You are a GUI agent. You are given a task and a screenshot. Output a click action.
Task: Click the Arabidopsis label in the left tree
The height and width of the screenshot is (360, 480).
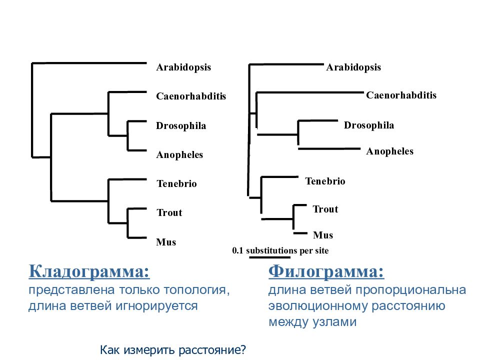click(x=183, y=67)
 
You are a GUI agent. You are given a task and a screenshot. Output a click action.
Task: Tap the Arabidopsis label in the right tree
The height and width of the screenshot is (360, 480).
click(x=353, y=67)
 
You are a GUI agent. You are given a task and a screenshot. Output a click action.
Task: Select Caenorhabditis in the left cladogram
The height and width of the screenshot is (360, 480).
click(x=191, y=96)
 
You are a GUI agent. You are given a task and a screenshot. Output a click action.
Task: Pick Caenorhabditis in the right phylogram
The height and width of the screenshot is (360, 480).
click(x=401, y=95)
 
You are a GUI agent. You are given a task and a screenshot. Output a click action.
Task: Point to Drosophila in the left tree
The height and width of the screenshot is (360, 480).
click(x=181, y=126)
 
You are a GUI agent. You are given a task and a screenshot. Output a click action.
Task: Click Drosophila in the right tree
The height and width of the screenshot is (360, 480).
click(x=369, y=125)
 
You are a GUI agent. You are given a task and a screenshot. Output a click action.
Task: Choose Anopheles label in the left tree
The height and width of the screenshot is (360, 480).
click(x=179, y=155)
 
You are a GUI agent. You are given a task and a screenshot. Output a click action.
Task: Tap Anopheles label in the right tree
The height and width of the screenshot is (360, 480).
click(x=390, y=151)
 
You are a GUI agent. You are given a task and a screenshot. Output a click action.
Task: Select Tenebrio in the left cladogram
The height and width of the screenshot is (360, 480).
click(x=176, y=183)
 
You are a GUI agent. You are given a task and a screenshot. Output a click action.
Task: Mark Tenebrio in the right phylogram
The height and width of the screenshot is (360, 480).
click(x=325, y=181)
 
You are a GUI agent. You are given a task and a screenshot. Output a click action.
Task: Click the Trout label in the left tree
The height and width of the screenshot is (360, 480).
click(x=169, y=213)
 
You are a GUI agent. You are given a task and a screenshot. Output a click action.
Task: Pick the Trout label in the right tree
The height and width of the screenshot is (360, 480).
click(x=325, y=209)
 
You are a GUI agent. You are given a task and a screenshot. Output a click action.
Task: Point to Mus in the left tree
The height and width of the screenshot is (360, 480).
click(x=166, y=242)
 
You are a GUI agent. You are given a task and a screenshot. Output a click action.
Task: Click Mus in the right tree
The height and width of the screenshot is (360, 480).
click(x=323, y=235)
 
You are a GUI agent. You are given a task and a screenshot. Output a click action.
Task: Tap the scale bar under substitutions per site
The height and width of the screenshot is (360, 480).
click(x=269, y=257)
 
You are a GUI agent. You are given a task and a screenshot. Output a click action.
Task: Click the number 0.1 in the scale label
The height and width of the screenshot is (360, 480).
click(x=237, y=250)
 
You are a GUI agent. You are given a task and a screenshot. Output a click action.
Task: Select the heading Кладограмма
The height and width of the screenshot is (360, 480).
click(x=89, y=271)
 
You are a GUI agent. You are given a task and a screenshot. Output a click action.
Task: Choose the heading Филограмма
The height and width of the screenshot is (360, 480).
click(x=326, y=271)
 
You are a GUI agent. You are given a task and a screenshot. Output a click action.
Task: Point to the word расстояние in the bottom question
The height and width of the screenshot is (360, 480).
click(x=212, y=350)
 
